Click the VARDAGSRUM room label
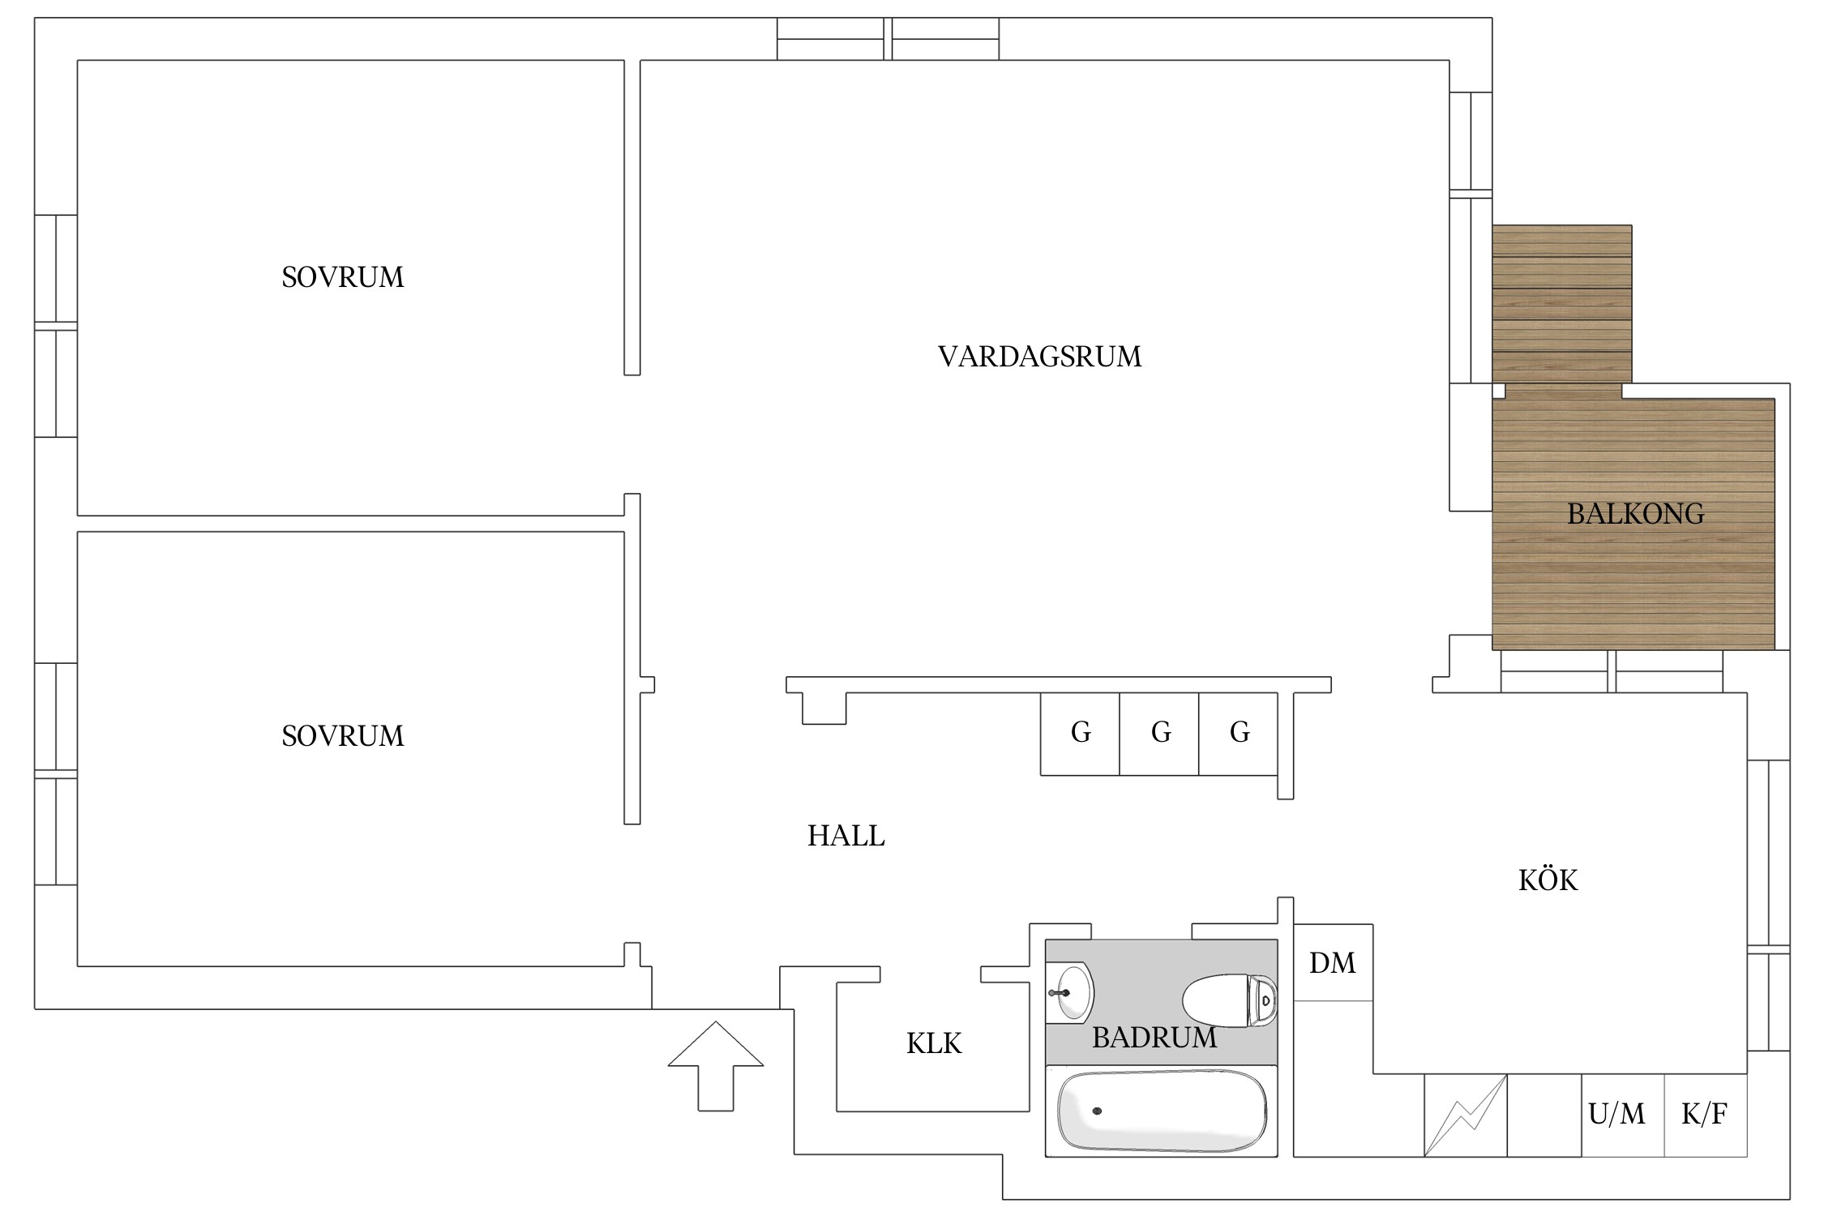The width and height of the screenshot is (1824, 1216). (1039, 357)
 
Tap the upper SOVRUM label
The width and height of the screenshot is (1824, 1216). (342, 277)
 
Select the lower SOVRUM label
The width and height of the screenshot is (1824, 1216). (342, 736)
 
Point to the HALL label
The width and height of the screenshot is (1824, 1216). (846, 836)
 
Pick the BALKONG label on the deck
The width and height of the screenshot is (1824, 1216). (1635, 514)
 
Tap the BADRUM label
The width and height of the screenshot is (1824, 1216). (1154, 1038)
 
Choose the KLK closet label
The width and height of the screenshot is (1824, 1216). (934, 1043)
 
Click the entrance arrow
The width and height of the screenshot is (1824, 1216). (716, 1066)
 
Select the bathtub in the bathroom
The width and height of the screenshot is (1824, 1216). (1161, 1111)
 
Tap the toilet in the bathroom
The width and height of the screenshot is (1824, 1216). (1230, 1000)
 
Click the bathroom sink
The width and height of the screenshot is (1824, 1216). (1070, 991)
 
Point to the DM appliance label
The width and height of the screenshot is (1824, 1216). (1332, 963)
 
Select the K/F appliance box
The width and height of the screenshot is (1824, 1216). (1706, 1115)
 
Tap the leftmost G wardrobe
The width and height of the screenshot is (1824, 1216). (1080, 734)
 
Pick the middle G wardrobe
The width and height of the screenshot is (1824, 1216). (1159, 734)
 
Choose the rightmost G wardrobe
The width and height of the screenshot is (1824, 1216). (1239, 734)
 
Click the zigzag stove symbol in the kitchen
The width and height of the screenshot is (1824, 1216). (1466, 1115)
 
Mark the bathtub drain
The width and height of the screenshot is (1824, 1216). (1097, 1111)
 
